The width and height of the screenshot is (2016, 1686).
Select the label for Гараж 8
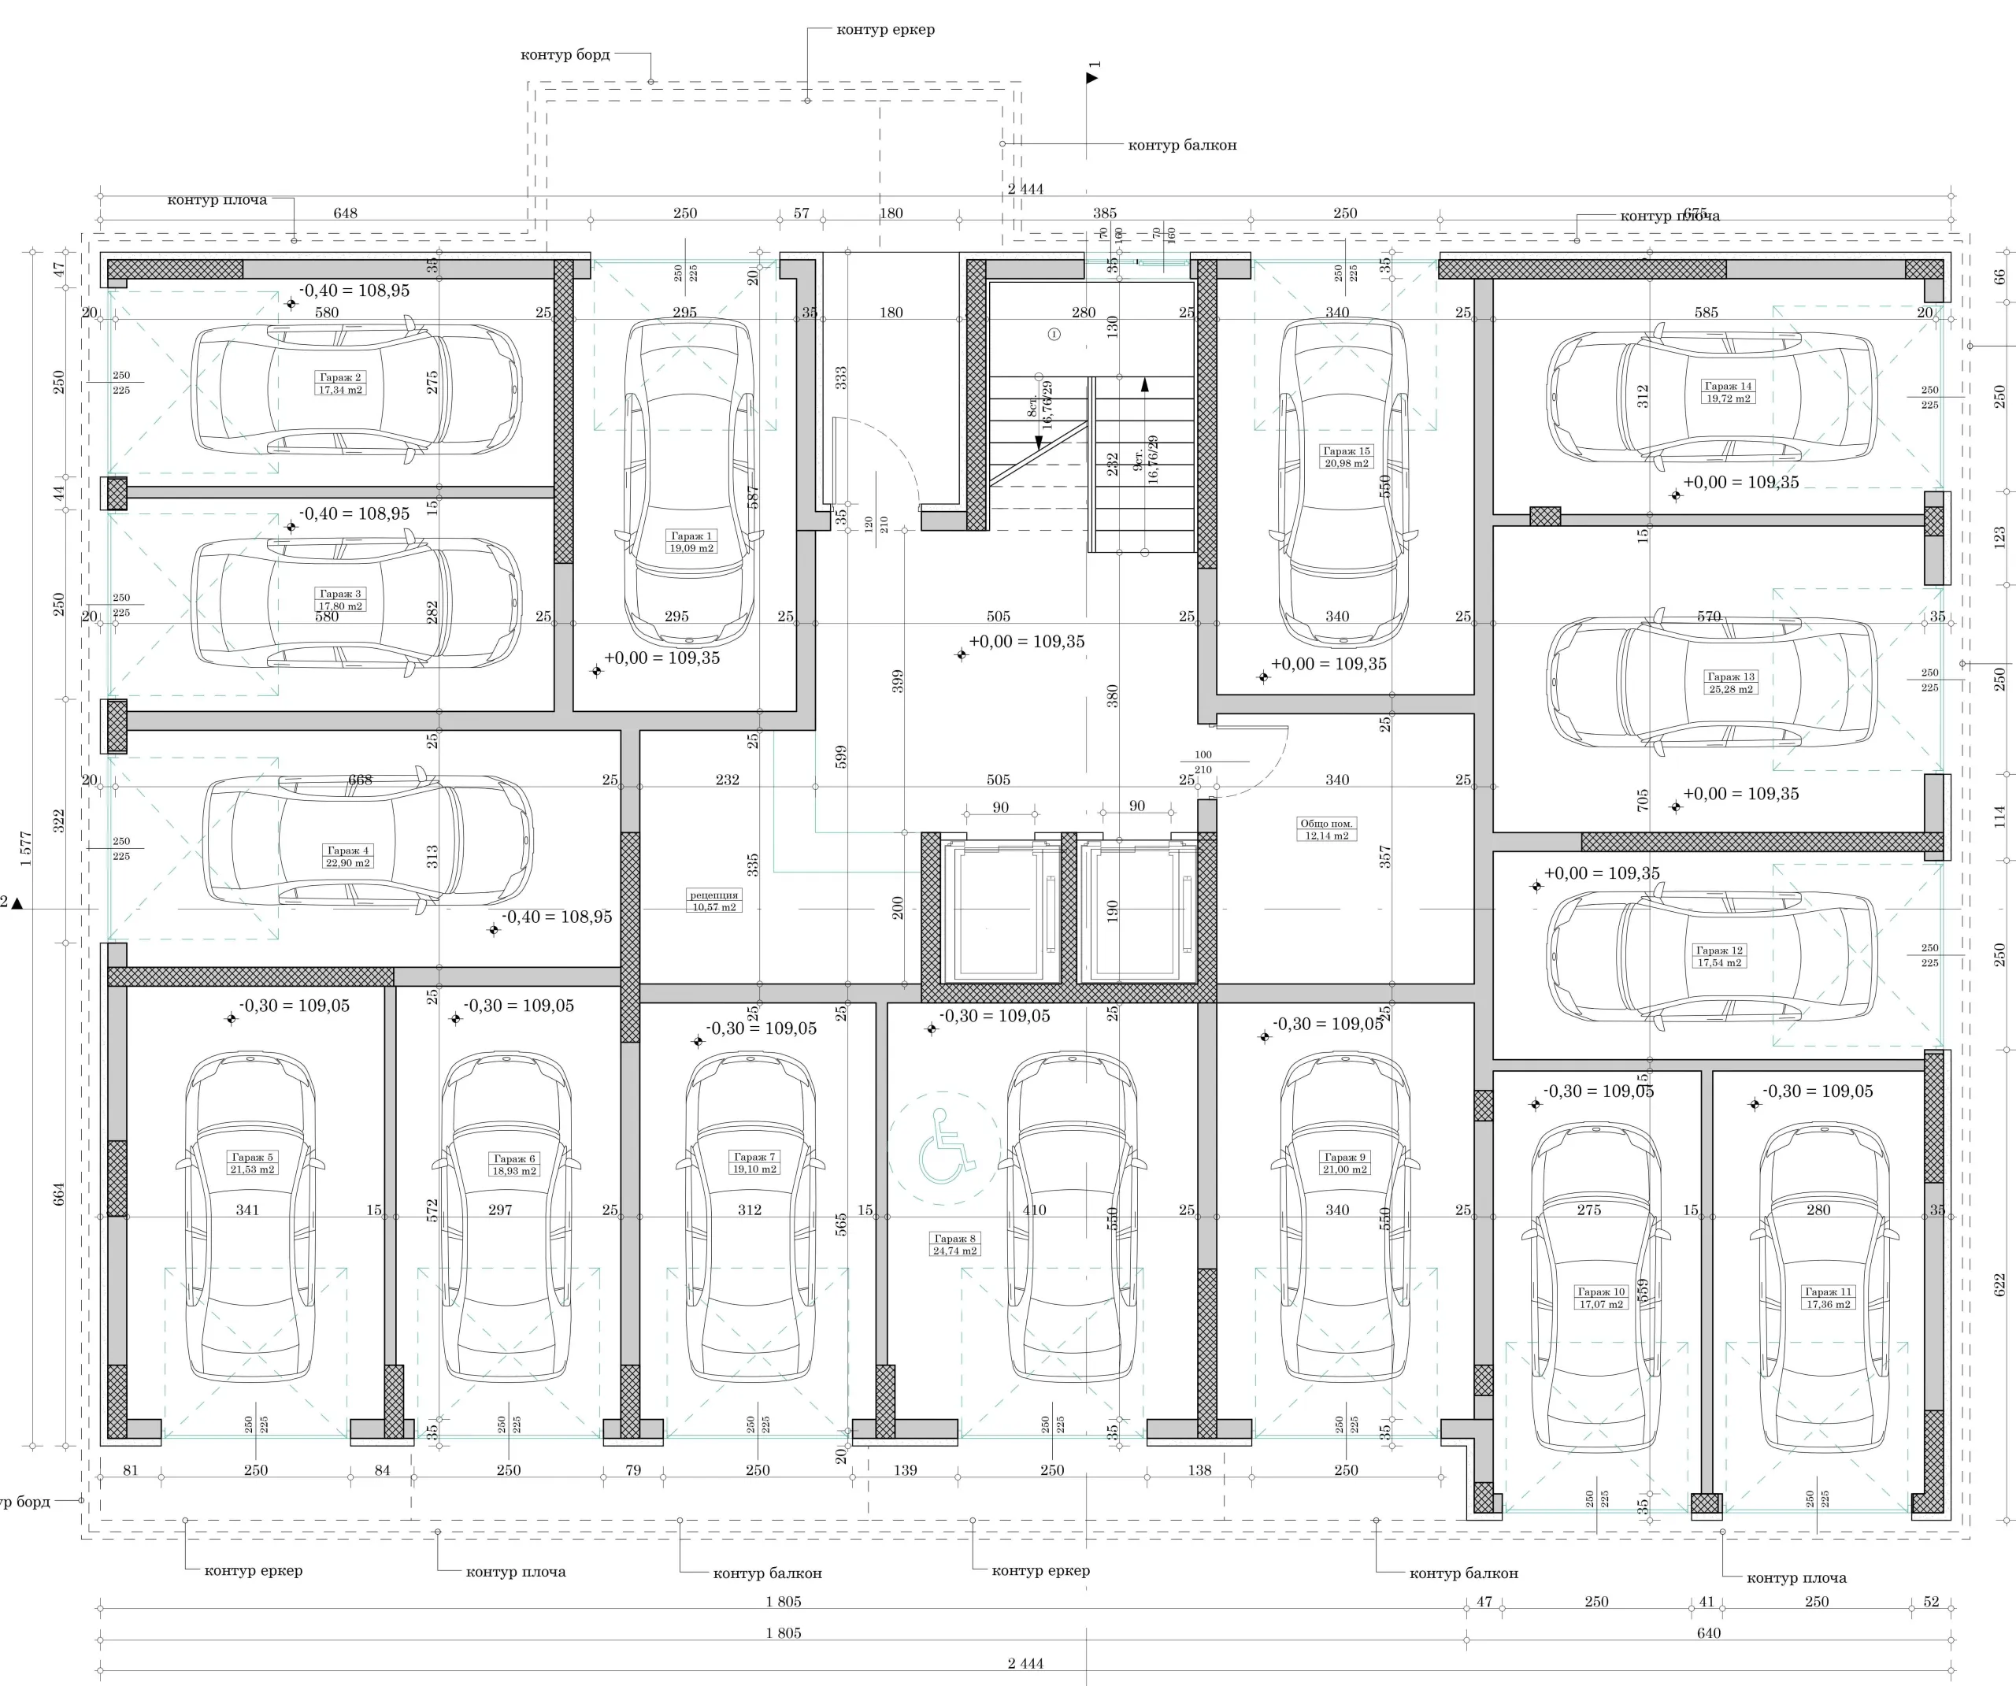(954, 1244)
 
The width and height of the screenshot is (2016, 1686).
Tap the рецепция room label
(714, 901)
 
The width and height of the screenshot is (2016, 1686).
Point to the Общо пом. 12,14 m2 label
(1326, 829)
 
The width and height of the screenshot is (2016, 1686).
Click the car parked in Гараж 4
(368, 842)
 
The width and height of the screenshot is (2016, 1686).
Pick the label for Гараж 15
(1346, 457)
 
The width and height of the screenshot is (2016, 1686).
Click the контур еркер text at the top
(885, 30)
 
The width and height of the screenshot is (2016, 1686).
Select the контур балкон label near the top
(1182, 145)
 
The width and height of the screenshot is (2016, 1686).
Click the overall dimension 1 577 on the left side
(26, 849)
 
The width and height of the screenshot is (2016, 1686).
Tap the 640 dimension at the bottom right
(1708, 1632)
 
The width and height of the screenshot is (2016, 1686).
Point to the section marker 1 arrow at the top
(1091, 77)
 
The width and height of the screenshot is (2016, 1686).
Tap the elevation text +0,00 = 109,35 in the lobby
(1026, 641)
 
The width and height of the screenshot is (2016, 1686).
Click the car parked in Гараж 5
(250, 1217)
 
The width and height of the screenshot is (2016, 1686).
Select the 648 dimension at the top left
(345, 213)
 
